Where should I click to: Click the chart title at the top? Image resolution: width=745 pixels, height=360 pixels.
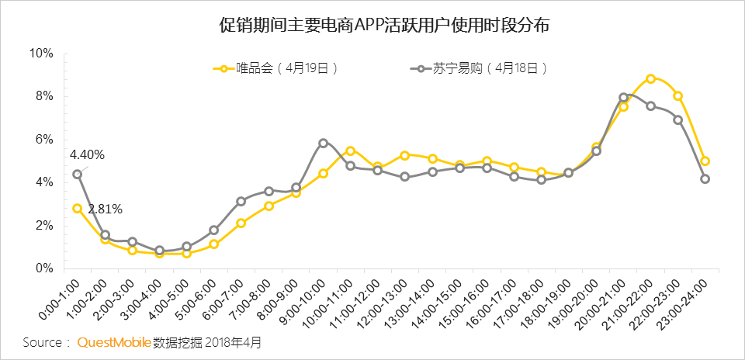[372, 25]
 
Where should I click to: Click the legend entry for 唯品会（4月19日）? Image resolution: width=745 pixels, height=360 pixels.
[283, 68]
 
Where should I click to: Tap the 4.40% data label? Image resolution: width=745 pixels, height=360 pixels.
[86, 154]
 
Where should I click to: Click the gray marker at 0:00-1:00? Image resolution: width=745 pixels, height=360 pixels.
[78, 174]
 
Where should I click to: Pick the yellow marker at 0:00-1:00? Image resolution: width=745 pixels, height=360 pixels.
[78, 208]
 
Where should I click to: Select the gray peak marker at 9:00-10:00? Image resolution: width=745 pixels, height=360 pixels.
[324, 143]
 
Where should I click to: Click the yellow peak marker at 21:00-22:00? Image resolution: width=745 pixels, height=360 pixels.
[650, 78]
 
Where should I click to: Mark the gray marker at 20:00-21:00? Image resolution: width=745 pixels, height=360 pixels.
[623, 98]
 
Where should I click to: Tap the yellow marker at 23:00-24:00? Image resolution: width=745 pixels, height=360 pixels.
[705, 161]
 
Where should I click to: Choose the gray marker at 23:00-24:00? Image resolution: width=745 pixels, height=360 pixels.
[705, 178]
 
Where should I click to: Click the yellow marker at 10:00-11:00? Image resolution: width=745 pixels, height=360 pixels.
[351, 151]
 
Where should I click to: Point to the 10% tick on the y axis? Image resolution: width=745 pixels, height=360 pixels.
[40, 54]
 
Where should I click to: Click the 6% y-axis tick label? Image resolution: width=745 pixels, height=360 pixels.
[43, 140]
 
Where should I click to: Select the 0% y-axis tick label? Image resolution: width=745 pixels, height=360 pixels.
[43, 268]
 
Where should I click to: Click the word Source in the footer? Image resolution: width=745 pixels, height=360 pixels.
[42, 342]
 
